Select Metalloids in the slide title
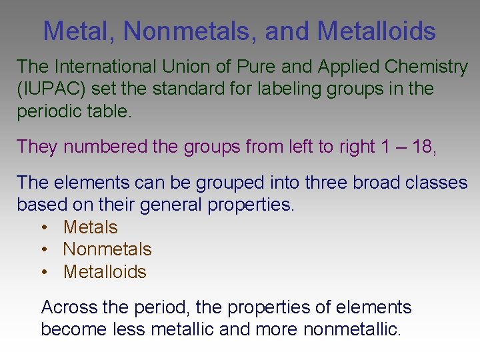(x=377, y=31)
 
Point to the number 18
(x=423, y=147)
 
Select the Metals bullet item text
(x=90, y=227)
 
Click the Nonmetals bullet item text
(x=107, y=249)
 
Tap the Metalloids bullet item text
(x=105, y=271)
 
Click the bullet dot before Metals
(x=43, y=227)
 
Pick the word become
(x=71, y=329)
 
